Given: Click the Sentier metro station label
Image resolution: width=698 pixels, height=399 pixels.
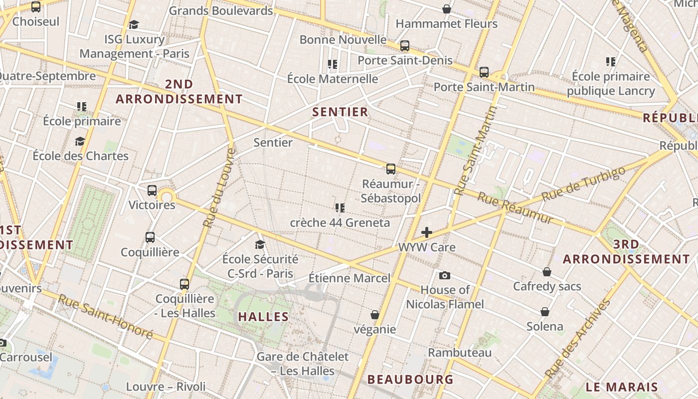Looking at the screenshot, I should [x=273, y=143].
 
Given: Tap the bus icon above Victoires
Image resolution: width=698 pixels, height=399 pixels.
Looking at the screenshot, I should [x=152, y=191].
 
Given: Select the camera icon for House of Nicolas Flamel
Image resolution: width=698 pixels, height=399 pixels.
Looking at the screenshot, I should [x=445, y=275].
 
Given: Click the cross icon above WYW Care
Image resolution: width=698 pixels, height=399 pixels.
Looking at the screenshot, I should [x=427, y=232].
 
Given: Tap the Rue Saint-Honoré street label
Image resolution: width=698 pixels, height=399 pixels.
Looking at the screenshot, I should [x=105, y=316].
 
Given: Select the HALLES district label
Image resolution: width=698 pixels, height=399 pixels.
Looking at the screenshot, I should [x=263, y=317].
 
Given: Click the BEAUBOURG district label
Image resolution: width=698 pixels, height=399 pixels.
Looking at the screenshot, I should [x=410, y=380].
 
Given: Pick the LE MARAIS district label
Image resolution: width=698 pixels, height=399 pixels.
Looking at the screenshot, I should [x=622, y=387].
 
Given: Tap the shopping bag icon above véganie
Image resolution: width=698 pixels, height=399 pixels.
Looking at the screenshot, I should [x=375, y=315].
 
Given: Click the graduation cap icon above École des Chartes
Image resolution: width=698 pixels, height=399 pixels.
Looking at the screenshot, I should [x=80, y=141].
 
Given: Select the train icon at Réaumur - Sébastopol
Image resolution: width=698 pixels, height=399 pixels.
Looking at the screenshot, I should [x=391, y=169].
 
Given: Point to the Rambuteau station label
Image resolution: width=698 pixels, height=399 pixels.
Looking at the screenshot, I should [x=460, y=353].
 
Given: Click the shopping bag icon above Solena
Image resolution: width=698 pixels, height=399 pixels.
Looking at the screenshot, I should [x=545, y=312].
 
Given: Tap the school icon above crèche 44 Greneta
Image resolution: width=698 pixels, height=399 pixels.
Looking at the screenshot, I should [x=340, y=207].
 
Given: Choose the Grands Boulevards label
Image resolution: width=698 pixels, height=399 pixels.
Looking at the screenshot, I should [x=221, y=10].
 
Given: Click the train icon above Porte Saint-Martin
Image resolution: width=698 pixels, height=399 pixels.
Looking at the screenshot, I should [x=484, y=72].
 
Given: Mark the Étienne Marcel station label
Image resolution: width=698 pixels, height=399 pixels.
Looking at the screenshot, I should [x=349, y=278].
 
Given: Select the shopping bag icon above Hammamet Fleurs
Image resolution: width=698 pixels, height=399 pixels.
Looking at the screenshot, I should [x=447, y=9].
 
